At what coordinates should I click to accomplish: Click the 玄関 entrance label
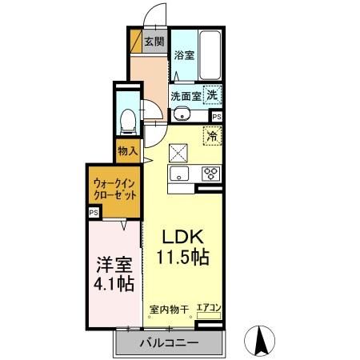(x=154, y=42)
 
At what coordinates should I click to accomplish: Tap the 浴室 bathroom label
(x=185, y=55)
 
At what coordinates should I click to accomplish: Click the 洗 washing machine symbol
(x=212, y=94)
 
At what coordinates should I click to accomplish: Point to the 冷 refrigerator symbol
(x=213, y=137)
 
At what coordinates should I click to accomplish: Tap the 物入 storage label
(x=126, y=150)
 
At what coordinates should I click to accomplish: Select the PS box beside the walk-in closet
(x=94, y=213)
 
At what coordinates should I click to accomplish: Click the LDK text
(x=186, y=238)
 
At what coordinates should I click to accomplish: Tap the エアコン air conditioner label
(x=208, y=306)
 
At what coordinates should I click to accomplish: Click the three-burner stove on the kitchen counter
(x=211, y=174)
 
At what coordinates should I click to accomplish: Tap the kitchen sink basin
(x=178, y=174)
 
